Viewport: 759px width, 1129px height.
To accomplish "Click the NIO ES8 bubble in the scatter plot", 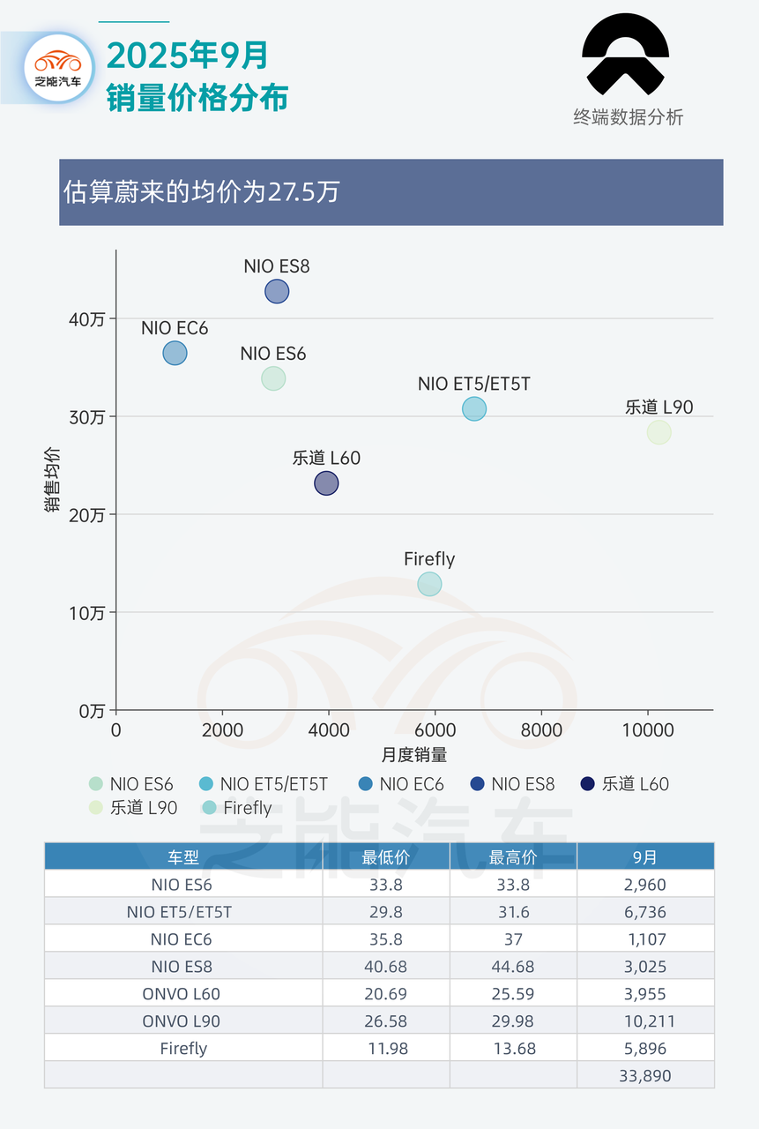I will [277, 291].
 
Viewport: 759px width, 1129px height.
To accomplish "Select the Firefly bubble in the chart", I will [429, 584].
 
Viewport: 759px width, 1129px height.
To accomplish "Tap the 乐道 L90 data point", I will [659, 432].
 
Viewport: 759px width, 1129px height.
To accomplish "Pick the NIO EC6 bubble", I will [175, 354].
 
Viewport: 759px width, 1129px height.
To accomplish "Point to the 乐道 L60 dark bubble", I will [326, 483].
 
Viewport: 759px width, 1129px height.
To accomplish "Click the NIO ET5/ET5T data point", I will [474, 408].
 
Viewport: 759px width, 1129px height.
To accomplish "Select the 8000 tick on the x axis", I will [541, 730].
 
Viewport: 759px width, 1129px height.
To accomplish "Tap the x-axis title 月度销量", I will [414, 755].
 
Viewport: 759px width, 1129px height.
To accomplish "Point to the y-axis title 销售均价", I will [52, 477].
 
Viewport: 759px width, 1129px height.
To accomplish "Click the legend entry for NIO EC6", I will [401, 784].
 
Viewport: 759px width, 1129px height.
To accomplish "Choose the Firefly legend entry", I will [237, 808].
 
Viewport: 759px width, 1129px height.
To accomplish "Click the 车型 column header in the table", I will [183, 856].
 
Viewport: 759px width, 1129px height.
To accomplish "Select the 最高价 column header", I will [513, 856].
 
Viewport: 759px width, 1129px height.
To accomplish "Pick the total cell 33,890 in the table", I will [645, 1075].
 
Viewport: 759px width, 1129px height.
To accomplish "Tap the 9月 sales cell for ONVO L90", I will [645, 1021].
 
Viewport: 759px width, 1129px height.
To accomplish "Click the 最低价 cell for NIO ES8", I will [385, 967].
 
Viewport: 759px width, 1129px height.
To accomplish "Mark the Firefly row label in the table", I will [183, 1049].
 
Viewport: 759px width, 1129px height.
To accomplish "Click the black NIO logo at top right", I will [626, 56].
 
